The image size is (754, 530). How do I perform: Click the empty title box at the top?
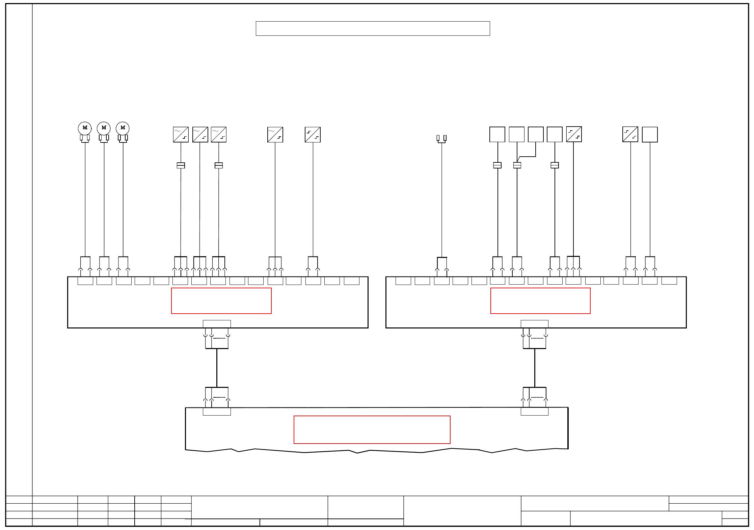coord(373,28)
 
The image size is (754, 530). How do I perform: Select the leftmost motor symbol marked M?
coord(85,128)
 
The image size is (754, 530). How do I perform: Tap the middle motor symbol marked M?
coord(104,128)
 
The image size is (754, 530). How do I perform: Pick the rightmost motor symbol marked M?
coord(123,128)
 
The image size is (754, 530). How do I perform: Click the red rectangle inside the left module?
coord(221,301)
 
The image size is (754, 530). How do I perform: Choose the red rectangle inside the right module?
coord(540,301)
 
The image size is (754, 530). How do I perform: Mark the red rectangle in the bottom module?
coord(372,430)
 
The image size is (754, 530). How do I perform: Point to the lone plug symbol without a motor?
coord(441,138)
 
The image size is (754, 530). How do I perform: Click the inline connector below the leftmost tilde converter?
coord(181,165)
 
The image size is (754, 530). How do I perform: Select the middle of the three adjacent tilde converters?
coord(200,135)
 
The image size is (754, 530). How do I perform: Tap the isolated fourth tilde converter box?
coord(275,135)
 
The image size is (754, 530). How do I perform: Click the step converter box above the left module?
coord(313,135)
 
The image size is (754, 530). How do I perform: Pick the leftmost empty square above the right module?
coord(497,134)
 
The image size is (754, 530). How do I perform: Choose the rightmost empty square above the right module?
coord(650,135)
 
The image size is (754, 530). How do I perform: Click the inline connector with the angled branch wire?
coord(517,165)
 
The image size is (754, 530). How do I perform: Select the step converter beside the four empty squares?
coord(574,134)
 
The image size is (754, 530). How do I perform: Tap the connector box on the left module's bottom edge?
coord(217,324)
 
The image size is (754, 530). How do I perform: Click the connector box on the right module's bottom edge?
coord(534,324)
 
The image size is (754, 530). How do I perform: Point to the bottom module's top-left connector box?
coord(217,412)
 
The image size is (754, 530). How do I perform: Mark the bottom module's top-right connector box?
coord(534,412)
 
